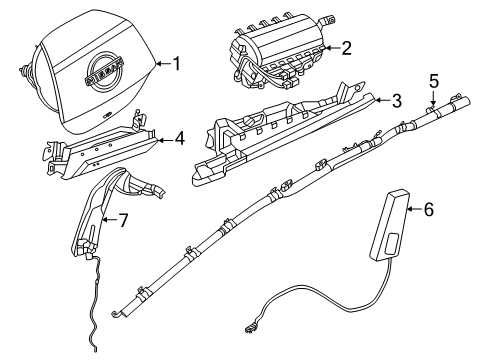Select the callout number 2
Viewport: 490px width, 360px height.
pos(346,46)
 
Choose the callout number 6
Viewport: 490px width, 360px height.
pos(428,209)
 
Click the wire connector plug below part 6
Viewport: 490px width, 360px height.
pos(246,326)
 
